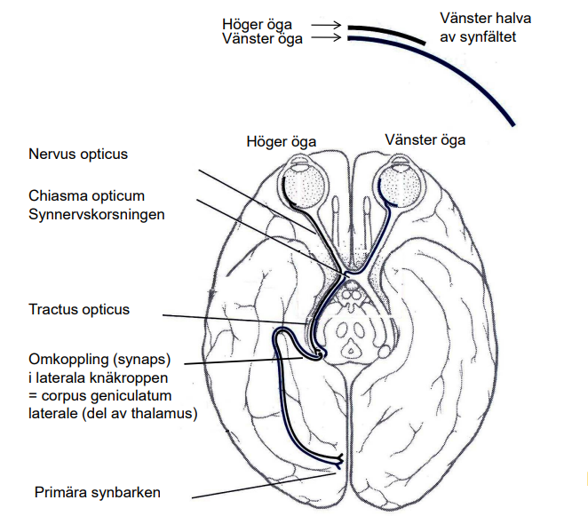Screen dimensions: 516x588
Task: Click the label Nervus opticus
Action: click(x=78, y=155)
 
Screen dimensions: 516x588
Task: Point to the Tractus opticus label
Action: click(x=78, y=310)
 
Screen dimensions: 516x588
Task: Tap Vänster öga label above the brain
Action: click(x=425, y=139)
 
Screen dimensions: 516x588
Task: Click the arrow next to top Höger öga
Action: click(x=326, y=27)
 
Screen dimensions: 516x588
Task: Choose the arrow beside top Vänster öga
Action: click(x=326, y=38)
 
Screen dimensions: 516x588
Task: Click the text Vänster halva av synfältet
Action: click(x=478, y=28)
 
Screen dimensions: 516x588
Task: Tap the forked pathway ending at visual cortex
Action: click(x=338, y=459)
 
